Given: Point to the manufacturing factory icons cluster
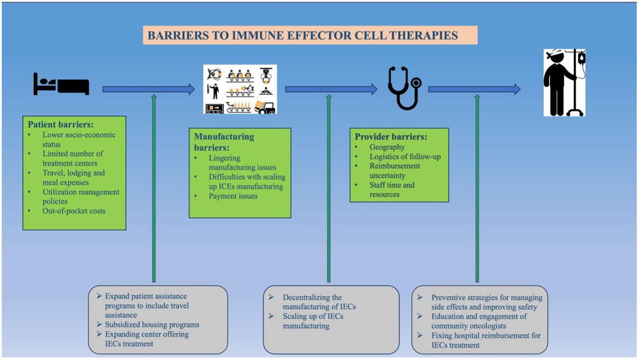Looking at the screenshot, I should [x=240, y=89].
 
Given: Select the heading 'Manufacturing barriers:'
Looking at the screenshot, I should [x=224, y=141].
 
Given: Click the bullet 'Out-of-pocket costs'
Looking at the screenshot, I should [x=74, y=211].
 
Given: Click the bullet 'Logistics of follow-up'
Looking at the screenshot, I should [x=405, y=157].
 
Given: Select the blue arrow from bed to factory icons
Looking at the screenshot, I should [x=149, y=89].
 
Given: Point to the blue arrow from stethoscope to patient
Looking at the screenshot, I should [x=474, y=89].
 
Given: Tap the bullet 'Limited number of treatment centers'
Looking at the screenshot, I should [x=73, y=158].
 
